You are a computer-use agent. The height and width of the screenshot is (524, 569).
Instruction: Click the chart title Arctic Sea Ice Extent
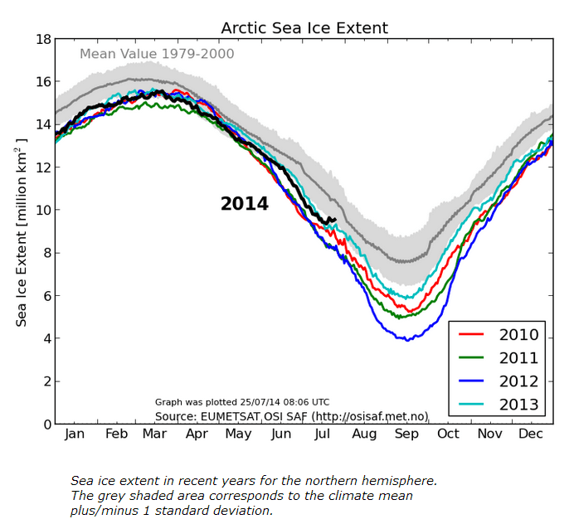(304, 28)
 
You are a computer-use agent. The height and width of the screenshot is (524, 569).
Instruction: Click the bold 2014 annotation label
(245, 204)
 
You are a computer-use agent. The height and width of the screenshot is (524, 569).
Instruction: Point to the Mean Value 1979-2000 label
(157, 55)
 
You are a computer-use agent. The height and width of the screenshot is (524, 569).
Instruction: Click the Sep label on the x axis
(406, 434)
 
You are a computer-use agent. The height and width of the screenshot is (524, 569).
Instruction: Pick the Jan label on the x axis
(75, 434)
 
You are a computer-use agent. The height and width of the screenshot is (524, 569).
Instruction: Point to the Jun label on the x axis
(281, 434)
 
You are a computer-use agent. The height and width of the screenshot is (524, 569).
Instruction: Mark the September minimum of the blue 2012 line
(406, 340)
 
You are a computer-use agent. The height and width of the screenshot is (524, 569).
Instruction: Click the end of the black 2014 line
(334, 219)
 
